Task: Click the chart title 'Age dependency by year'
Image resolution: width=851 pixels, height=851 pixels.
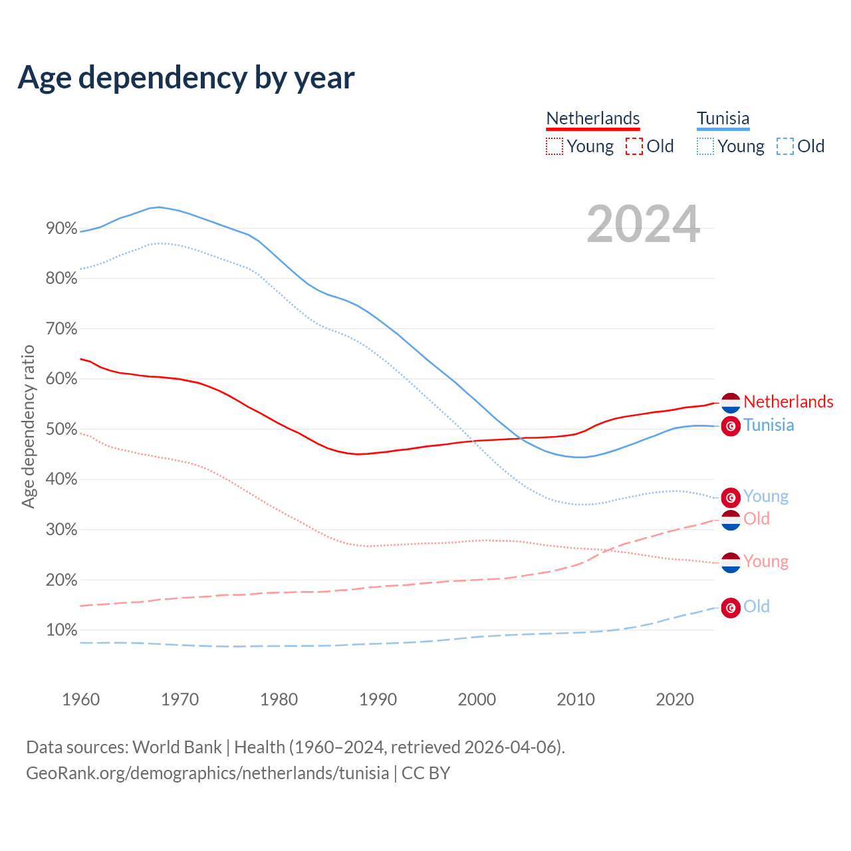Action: click(x=186, y=78)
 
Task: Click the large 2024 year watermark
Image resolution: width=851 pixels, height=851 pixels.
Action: click(x=643, y=224)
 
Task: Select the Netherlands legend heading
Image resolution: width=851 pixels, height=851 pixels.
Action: click(x=592, y=119)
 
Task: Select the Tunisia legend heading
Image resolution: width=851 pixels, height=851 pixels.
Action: click(x=723, y=119)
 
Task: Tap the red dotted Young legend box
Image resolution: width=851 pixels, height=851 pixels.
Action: click(x=554, y=146)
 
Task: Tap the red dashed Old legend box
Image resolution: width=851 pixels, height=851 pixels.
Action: click(x=634, y=146)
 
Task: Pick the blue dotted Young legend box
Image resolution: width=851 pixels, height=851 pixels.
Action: click(x=705, y=146)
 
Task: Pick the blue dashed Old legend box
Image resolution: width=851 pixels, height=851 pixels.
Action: click(x=785, y=146)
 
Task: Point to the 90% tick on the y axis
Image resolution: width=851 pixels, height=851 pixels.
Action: click(x=61, y=229)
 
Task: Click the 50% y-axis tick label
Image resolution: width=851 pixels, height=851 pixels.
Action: click(x=61, y=429)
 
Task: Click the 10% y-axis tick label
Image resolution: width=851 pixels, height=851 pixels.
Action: click(x=61, y=630)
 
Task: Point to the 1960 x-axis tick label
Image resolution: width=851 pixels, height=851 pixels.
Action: click(x=80, y=699)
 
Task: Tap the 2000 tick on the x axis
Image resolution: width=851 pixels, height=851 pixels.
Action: click(x=477, y=699)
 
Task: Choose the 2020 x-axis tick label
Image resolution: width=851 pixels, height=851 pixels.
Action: click(x=675, y=699)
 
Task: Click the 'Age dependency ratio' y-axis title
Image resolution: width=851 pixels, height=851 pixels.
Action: click(x=28, y=426)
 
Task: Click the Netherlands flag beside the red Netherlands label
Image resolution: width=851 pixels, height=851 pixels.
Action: click(x=731, y=403)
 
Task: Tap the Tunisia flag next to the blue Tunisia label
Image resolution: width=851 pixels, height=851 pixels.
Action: click(x=731, y=426)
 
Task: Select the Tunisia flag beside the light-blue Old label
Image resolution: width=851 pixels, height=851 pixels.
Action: click(x=731, y=608)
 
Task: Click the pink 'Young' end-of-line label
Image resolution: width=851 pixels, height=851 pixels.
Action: click(x=766, y=562)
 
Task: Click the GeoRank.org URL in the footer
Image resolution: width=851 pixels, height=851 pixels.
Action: click(x=207, y=773)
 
